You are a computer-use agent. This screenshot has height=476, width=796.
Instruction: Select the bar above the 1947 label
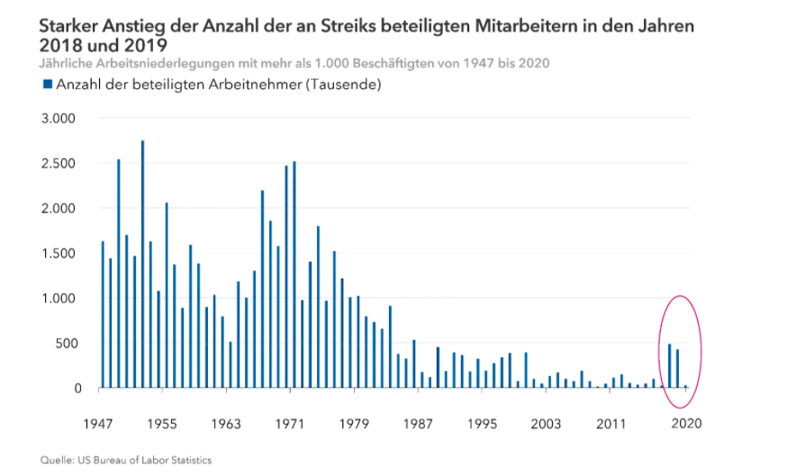click(103, 314)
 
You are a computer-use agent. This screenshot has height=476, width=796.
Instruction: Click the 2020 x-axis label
click(685, 423)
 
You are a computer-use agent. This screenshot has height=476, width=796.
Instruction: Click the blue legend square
click(46, 85)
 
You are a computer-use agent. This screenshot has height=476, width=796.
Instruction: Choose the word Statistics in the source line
click(189, 461)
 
